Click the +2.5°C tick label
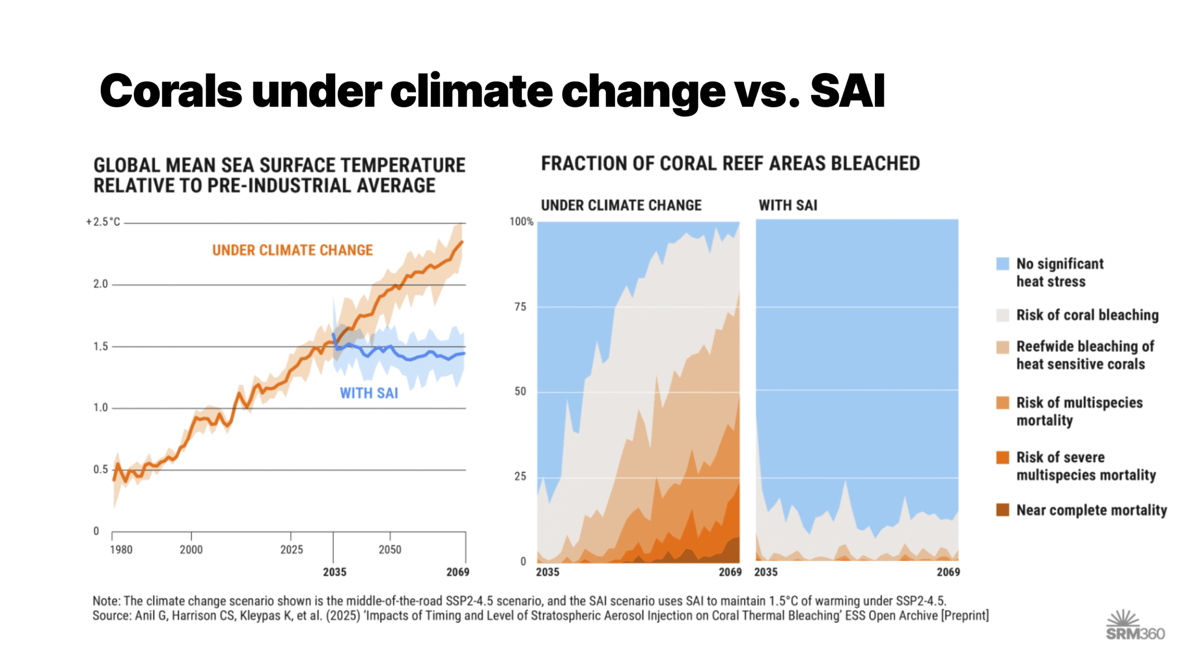(103, 222)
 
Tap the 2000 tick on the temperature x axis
(191, 549)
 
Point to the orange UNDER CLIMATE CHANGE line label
(292, 250)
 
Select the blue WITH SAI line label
(369, 393)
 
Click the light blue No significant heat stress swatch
(1002, 264)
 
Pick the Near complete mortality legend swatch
(1002, 510)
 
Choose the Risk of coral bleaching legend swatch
(1002, 315)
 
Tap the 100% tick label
(521, 221)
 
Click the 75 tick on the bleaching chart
(520, 307)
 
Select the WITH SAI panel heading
(788, 205)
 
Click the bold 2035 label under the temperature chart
(334, 572)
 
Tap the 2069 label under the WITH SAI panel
(948, 572)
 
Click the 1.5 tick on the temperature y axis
(100, 346)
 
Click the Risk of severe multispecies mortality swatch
(1002, 457)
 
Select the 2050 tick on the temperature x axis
(390, 549)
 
